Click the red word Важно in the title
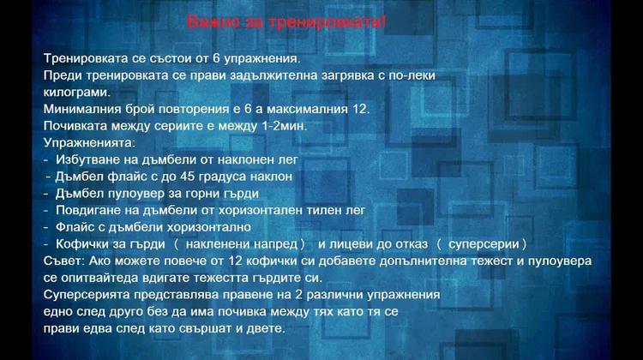(x=213, y=21)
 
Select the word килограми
(x=77, y=93)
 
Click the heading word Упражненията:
(x=89, y=143)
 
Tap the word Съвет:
(x=64, y=261)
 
